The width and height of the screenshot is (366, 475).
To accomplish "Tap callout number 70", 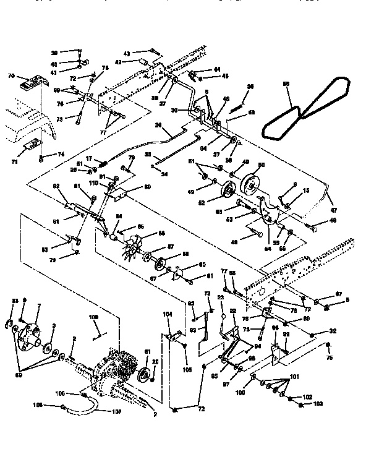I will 11,77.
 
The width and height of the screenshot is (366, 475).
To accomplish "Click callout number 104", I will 167,314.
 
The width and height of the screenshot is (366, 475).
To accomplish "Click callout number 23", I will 221,297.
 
